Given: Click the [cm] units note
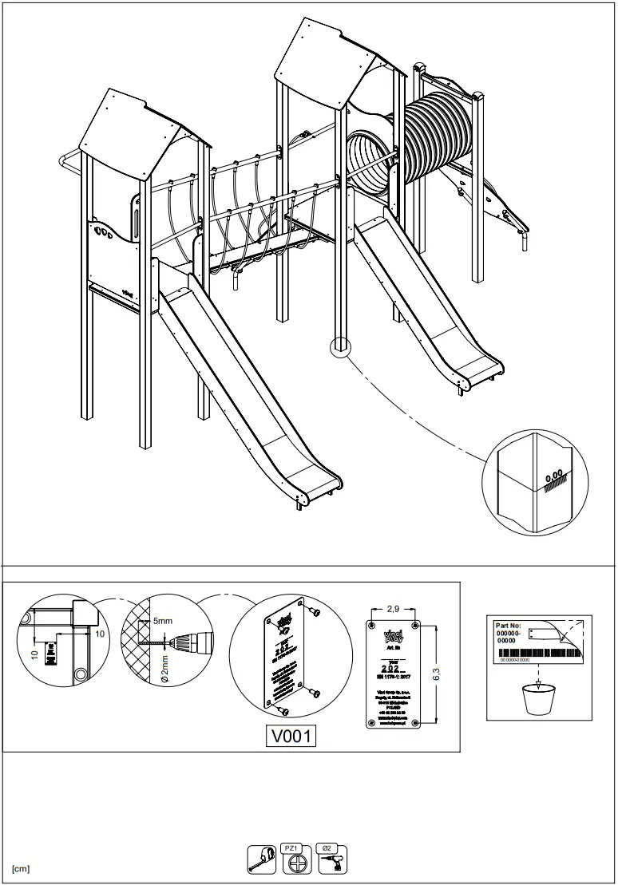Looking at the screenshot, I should (21, 868).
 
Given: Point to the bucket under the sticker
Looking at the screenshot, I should (537, 701).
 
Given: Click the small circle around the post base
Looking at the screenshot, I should (340, 347).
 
